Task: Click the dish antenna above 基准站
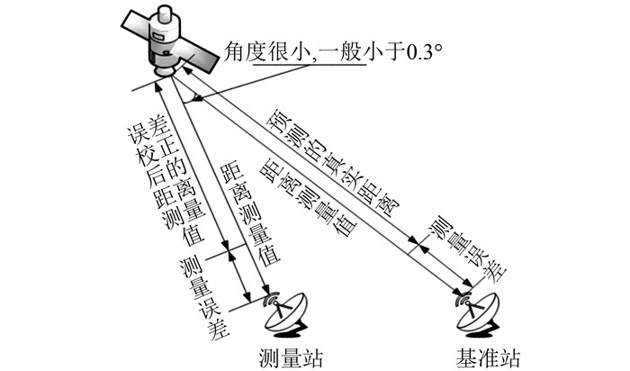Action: (x=480, y=312)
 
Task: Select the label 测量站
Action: (x=289, y=357)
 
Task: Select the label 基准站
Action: (x=485, y=357)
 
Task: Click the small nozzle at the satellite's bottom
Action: (x=162, y=72)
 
